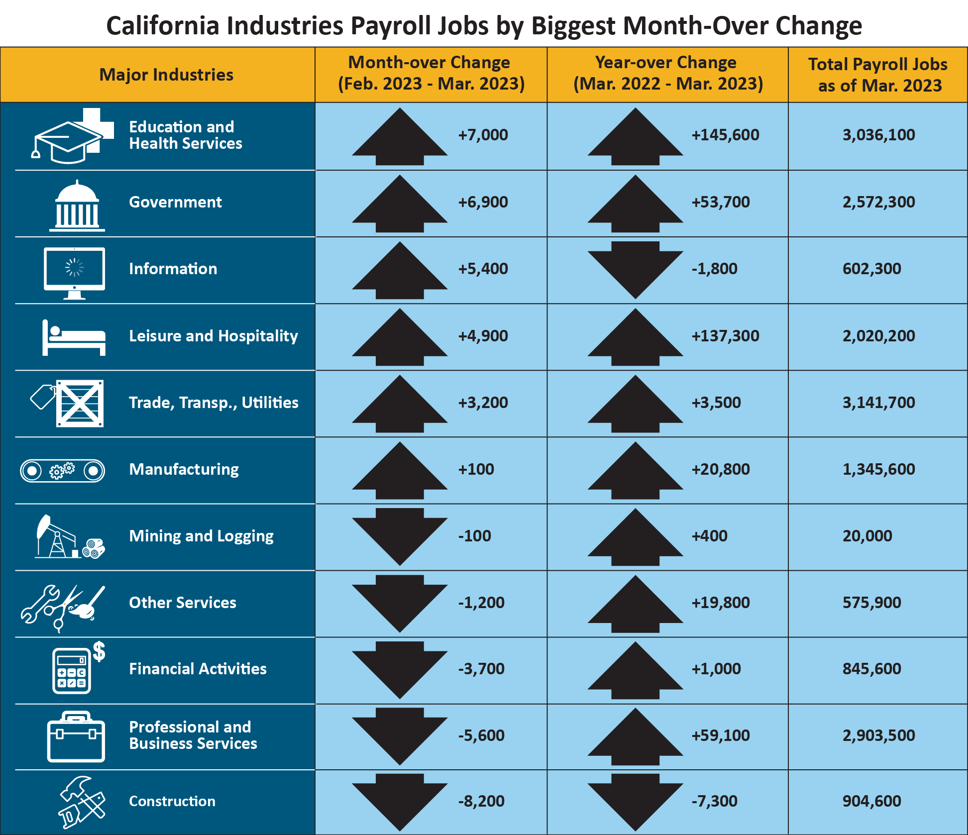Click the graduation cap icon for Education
(67, 142)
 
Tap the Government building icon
(77, 206)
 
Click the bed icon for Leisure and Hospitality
(74, 338)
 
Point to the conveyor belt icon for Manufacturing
(63, 470)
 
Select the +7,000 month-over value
(483, 135)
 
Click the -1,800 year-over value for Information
(714, 269)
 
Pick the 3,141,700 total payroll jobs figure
(878, 403)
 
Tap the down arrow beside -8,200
(400, 801)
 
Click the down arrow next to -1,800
(635, 269)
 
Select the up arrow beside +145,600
(635, 137)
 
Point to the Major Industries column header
(166, 75)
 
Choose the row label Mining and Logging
(201, 536)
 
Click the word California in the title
(162, 26)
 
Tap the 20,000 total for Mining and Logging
(867, 536)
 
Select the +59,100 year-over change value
(720, 735)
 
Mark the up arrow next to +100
(400, 471)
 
